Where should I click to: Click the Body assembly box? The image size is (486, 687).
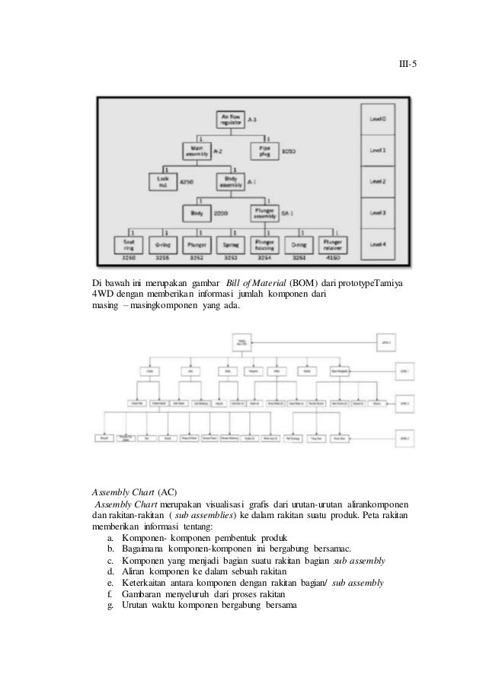pos(230,183)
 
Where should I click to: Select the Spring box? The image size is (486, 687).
pos(231,245)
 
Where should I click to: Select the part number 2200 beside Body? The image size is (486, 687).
pos(222,214)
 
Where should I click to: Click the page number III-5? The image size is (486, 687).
pos(410,65)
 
